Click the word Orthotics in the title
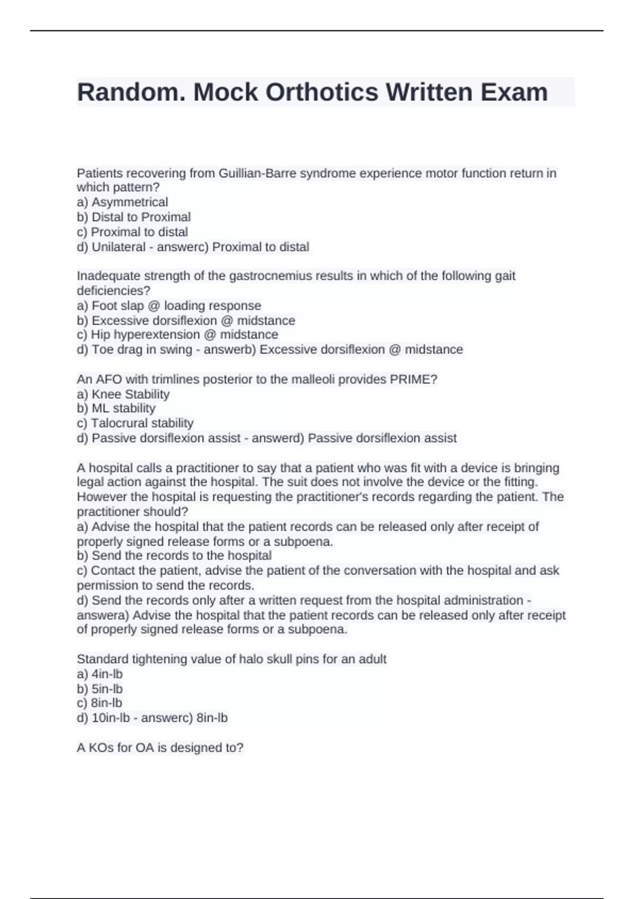tap(321, 92)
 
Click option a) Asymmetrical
tap(123, 202)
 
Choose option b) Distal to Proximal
tap(134, 217)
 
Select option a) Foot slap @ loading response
tap(169, 306)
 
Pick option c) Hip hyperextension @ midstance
tap(178, 335)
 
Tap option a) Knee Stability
tap(123, 394)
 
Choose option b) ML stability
tap(116, 408)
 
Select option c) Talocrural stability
tap(135, 423)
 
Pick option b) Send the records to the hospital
tap(174, 556)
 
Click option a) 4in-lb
tap(100, 674)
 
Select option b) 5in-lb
tap(100, 689)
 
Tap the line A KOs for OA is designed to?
tap(160, 748)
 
